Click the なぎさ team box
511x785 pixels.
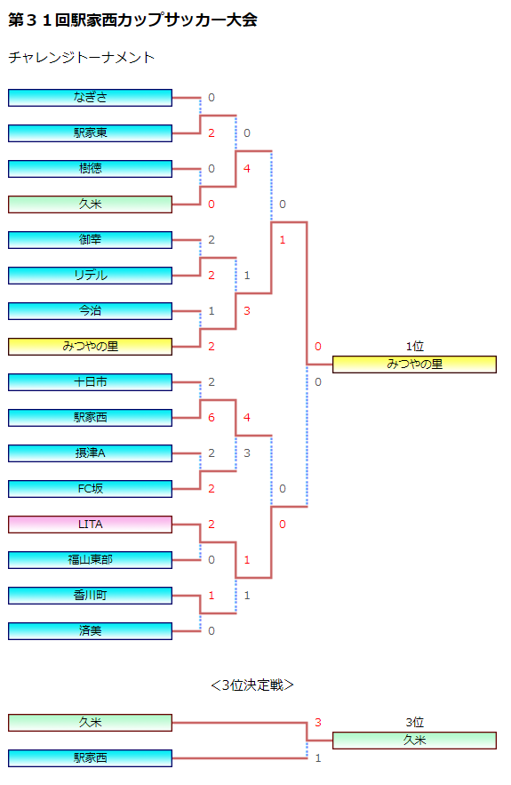[x=90, y=98]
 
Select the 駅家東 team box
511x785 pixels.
[x=90, y=133]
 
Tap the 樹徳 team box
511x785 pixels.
[x=90, y=169]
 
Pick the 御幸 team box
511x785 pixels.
[x=90, y=240]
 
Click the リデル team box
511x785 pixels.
[x=90, y=276]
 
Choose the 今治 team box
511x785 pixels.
[x=90, y=311]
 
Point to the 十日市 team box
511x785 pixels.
[x=90, y=382]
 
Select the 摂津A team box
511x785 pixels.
[x=90, y=453]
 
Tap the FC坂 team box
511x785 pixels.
[x=90, y=489]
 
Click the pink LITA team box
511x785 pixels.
[x=90, y=525]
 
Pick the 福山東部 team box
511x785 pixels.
[x=90, y=560]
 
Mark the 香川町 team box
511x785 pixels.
[x=90, y=596]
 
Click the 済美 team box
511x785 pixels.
[x=90, y=631]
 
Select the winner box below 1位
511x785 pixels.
[x=414, y=364]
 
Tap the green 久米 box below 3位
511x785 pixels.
[x=414, y=741]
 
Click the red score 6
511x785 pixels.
[x=212, y=418]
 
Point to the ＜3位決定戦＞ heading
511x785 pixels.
[x=252, y=685]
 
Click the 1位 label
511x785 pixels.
[x=414, y=347]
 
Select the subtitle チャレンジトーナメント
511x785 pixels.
[x=81, y=58]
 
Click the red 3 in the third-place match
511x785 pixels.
[x=318, y=723]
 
